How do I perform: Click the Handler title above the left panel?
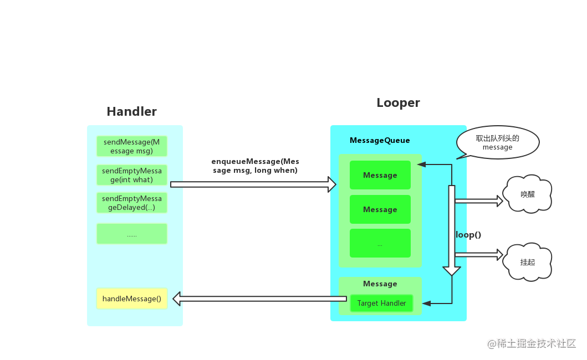click(131, 111)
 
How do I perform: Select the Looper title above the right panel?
click(398, 103)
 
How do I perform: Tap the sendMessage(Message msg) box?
click(132, 146)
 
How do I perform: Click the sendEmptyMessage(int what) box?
click(132, 175)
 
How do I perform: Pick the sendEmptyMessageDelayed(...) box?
click(132, 203)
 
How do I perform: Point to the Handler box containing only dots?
click(132, 234)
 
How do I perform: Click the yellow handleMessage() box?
click(132, 299)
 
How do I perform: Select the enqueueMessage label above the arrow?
click(255, 166)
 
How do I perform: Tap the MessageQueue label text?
click(380, 141)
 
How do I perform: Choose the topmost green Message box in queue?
click(380, 175)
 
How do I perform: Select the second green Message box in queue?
click(380, 209)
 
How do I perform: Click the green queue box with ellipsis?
click(380, 244)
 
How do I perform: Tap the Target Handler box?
click(381, 304)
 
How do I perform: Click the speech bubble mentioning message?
click(497, 143)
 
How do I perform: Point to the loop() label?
click(469, 235)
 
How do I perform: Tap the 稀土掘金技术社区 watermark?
click(530, 343)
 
